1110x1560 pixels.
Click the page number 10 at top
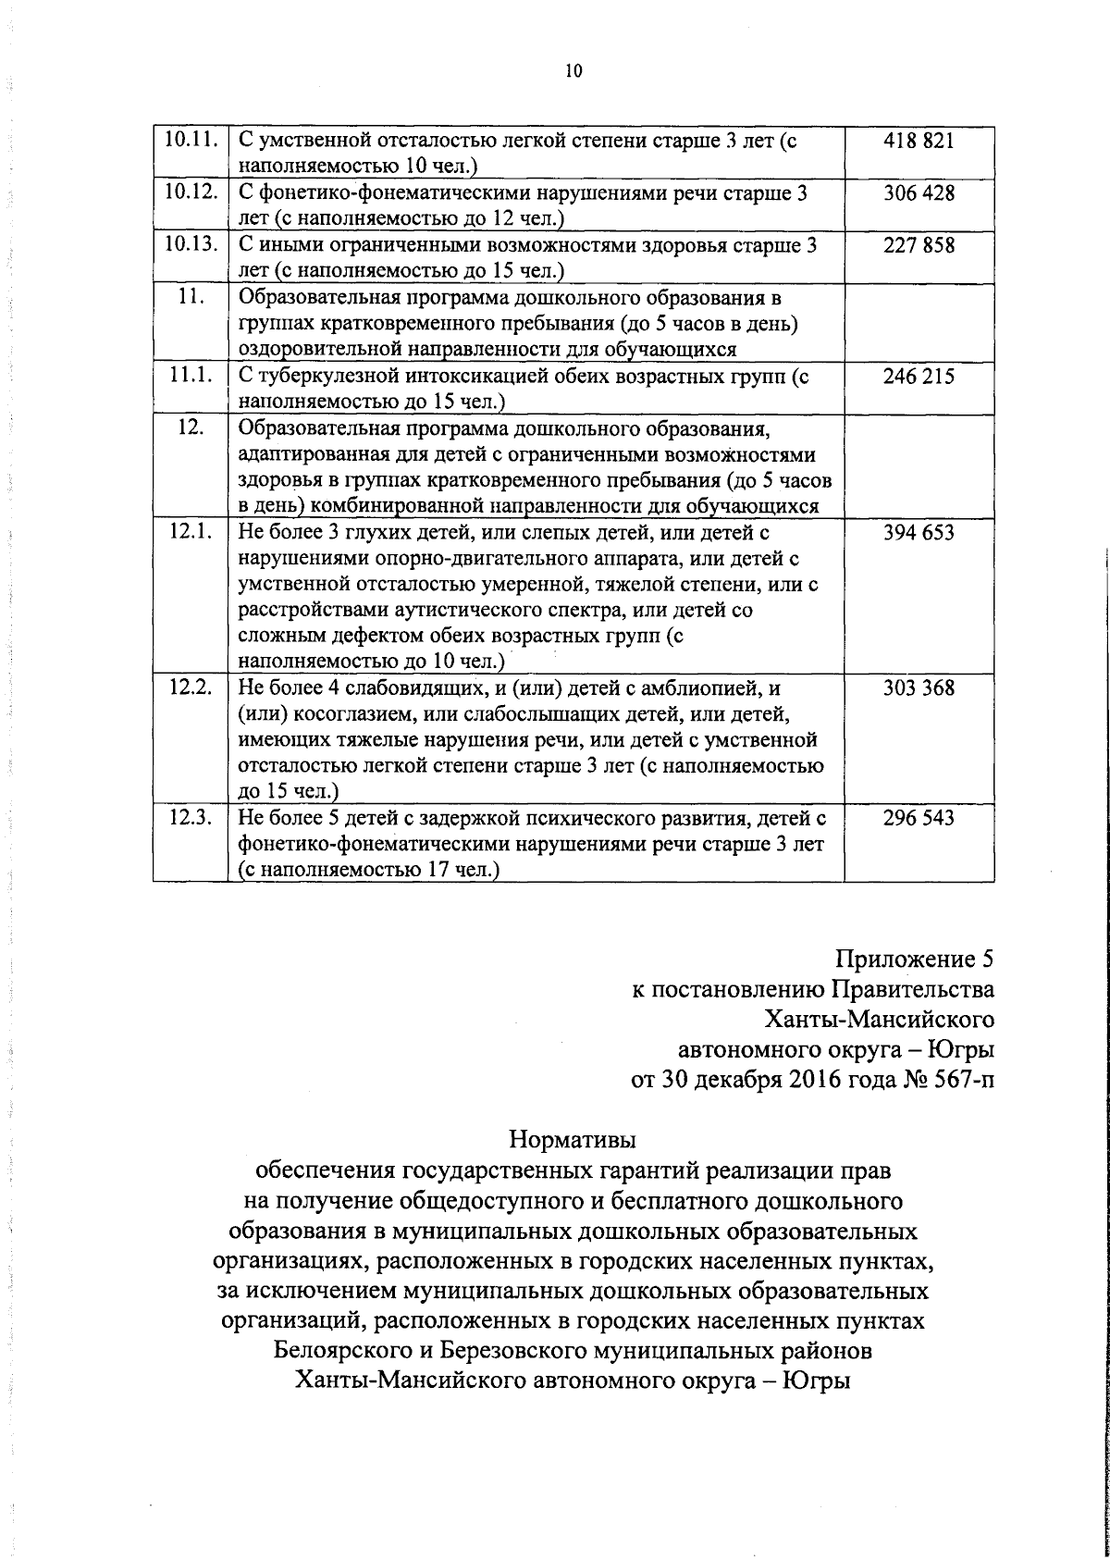(x=573, y=71)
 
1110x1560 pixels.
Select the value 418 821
(x=919, y=141)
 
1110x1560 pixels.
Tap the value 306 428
(x=919, y=193)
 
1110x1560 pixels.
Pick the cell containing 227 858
(x=919, y=246)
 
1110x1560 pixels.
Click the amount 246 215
(x=919, y=377)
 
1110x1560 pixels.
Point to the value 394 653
(x=919, y=533)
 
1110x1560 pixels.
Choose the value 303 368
(x=919, y=688)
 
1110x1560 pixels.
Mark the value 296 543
(x=919, y=819)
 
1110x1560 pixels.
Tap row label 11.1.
(x=191, y=376)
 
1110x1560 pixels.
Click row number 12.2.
(x=191, y=687)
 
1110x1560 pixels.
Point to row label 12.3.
(x=191, y=818)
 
